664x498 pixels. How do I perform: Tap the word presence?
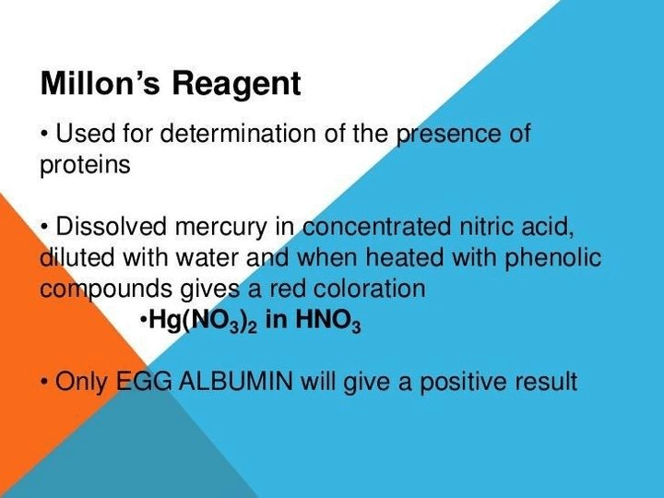pyautogui.click(x=449, y=134)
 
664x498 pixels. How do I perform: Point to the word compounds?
pyautogui.click(x=97, y=290)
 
